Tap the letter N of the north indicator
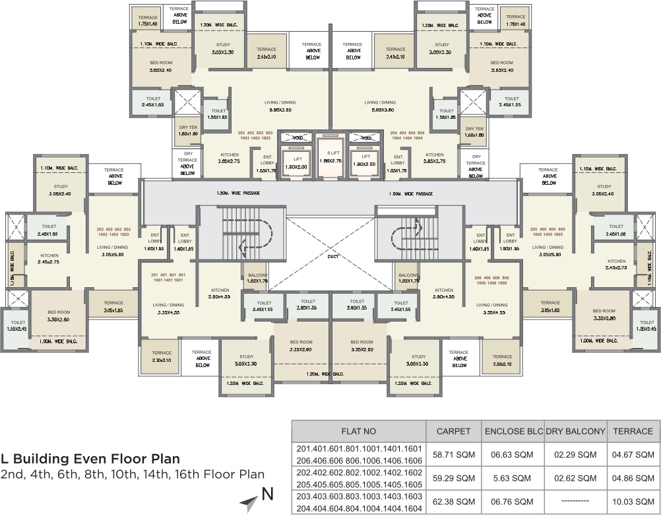(x=267, y=493)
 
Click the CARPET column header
(x=453, y=431)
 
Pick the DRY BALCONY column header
(x=575, y=431)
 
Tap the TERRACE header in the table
(x=633, y=431)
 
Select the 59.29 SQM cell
(x=453, y=478)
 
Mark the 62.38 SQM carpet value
(x=453, y=501)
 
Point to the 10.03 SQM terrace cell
(x=633, y=501)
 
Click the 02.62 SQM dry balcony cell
(x=575, y=478)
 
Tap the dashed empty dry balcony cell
(x=575, y=501)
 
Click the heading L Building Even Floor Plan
(x=90, y=459)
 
